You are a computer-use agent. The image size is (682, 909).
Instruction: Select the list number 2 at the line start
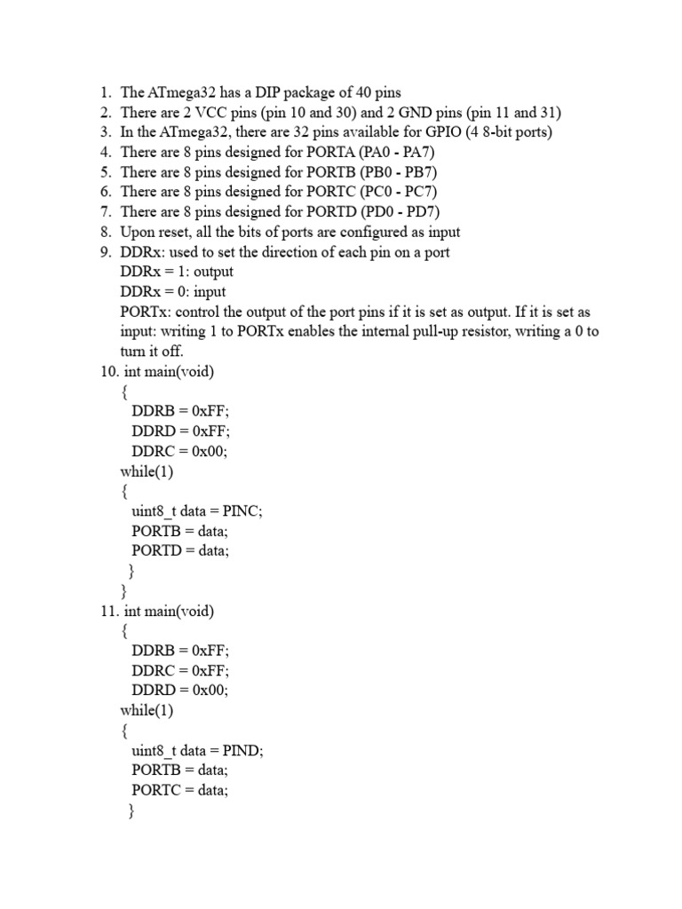(x=105, y=113)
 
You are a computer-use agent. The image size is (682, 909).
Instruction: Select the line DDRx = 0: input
(x=172, y=292)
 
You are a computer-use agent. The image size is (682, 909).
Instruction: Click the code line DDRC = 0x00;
(x=179, y=451)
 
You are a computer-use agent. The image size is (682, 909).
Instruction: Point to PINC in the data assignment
(x=244, y=511)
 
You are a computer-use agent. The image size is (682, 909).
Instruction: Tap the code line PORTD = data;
(x=180, y=550)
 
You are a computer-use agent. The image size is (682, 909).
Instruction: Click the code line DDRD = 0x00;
(x=180, y=690)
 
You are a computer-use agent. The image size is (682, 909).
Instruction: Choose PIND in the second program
(x=244, y=750)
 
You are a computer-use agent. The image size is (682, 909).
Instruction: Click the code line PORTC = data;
(x=180, y=789)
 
